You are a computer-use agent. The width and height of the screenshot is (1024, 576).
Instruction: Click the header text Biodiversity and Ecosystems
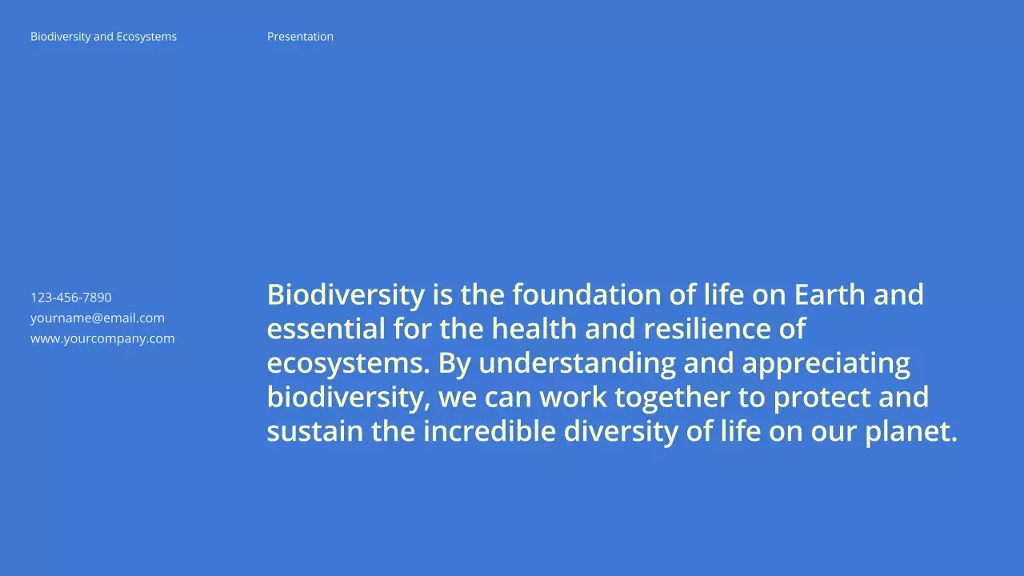coord(103,37)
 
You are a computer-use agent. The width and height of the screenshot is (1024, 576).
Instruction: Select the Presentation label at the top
coord(300,37)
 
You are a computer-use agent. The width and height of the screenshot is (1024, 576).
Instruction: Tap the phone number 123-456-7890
coord(71,298)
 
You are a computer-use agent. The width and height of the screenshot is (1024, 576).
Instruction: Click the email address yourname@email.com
coord(98,318)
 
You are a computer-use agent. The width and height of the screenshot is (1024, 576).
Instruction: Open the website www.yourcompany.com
coord(102,338)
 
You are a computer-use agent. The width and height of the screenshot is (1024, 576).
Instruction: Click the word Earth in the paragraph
coord(829,295)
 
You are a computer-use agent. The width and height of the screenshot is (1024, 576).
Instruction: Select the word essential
coord(326,329)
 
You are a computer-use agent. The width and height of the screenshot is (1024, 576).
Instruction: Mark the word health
coord(534,329)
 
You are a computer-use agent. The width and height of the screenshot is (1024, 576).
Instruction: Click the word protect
coord(822,398)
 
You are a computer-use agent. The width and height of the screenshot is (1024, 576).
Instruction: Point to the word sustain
coord(314,432)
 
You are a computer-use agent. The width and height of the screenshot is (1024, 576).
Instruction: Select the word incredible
coord(489,432)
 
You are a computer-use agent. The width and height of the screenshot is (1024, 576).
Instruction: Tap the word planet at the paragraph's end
coord(909,433)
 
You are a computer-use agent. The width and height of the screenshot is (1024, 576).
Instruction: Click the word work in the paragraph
coord(573,398)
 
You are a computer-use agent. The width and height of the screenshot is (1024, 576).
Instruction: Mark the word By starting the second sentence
coord(454,364)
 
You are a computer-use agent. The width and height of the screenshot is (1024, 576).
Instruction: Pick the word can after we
coord(508,398)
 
